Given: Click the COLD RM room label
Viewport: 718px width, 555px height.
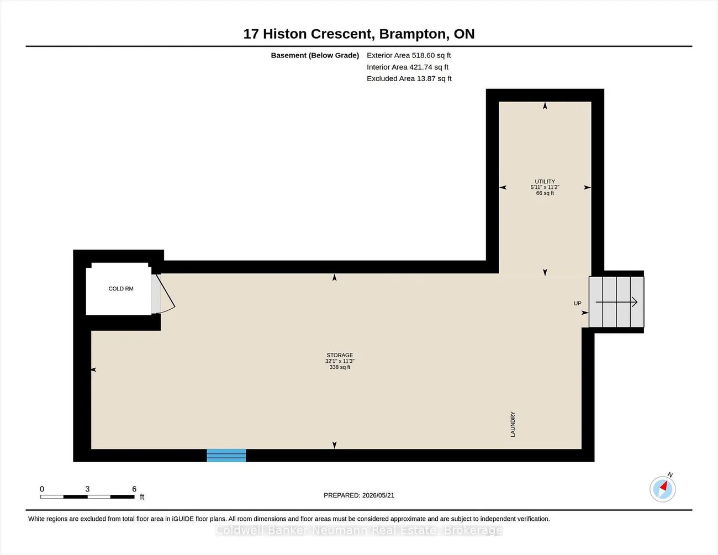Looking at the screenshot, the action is tap(121, 289).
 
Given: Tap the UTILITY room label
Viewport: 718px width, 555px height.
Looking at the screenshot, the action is tap(545, 181).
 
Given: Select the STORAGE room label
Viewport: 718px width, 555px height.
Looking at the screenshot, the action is tap(340, 355).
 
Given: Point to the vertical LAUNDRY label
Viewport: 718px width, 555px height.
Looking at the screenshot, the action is tap(513, 424).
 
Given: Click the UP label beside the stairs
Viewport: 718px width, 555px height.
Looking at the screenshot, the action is tap(578, 303).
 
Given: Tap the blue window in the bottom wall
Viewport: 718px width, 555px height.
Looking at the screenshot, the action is tap(226, 455).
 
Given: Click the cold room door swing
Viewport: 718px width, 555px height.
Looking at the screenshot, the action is tap(165, 294).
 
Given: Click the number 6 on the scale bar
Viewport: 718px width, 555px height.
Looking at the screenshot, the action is tap(134, 489).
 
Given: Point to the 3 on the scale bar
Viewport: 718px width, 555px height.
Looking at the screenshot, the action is tap(87, 489).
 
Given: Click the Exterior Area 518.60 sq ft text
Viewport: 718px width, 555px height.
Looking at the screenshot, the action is tap(409, 55).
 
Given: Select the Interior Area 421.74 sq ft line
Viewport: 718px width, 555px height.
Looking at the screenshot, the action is tap(408, 67).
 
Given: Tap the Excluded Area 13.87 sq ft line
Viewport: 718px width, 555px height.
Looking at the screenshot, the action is tap(409, 78).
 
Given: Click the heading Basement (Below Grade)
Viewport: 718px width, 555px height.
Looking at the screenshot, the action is tap(315, 55).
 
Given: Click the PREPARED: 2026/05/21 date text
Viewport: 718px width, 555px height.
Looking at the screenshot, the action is tap(359, 495).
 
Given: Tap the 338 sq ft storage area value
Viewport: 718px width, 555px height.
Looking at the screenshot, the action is tap(340, 367).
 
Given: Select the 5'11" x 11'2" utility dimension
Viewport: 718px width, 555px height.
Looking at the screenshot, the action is tap(545, 187).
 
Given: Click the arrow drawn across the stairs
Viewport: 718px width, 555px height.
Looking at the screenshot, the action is tap(616, 302).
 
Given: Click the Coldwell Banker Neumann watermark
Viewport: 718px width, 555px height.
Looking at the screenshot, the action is tap(359, 530).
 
